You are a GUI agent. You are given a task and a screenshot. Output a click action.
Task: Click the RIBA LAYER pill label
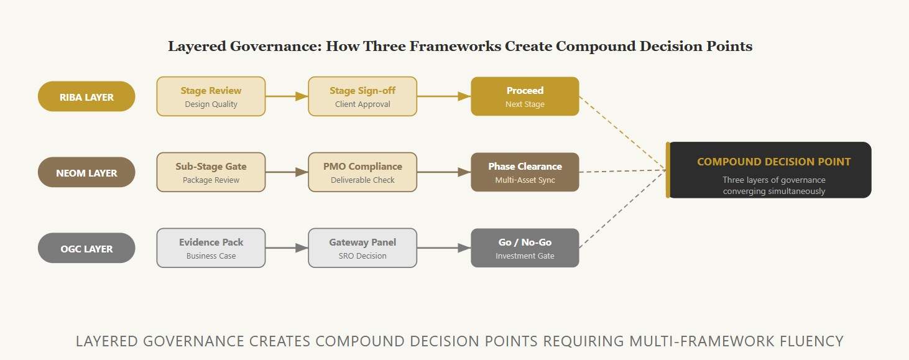coord(86,96)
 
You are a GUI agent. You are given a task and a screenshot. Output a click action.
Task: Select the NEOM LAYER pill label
coord(86,172)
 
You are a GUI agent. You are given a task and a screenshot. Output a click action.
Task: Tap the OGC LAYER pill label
coord(86,248)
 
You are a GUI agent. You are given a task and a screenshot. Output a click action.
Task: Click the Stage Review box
coord(211,96)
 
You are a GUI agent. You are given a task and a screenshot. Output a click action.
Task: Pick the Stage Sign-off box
coord(362,96)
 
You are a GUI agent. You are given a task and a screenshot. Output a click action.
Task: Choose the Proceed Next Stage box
coord(525,96)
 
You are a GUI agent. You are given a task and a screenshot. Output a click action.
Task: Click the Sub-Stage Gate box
coord(211,172)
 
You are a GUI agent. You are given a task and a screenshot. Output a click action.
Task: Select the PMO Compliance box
coord(362,172)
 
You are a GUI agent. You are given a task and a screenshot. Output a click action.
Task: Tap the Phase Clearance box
coord(525,172)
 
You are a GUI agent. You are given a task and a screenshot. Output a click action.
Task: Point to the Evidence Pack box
coord(211,248)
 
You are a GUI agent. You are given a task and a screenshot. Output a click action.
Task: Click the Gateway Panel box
coord(362,248)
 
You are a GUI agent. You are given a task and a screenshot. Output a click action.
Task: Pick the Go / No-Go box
coord(525,248)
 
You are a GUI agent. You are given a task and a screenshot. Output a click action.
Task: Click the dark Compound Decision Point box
coord(768,170)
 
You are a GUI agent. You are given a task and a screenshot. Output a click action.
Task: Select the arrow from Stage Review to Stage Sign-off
coord(287,96)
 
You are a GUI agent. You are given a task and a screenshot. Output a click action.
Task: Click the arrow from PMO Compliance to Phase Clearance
coord(444,172)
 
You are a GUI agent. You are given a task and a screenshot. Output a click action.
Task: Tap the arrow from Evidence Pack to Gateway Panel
coord(287,248)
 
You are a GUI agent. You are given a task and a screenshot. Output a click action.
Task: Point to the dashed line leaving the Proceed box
coord(622,133)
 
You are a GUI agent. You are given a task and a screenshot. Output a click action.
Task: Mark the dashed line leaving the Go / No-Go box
coord(622,209)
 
